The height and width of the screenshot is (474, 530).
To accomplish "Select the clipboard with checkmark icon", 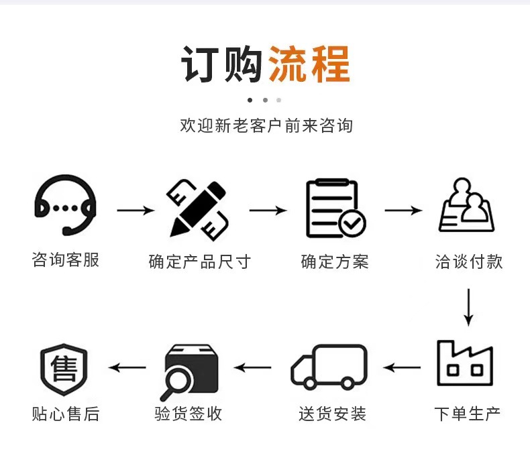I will tap(335, 209).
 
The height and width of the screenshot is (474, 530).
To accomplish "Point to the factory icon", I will tap(465, 363).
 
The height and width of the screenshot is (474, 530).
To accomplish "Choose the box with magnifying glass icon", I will tap(191, 369).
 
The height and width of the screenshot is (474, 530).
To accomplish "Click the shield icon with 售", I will tap(64, 369).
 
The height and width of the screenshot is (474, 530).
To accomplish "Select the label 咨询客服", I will tap(66, 260).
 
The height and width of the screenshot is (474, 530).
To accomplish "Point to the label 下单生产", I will tap(468, 413).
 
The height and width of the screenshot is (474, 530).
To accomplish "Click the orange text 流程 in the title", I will tap(309, 64).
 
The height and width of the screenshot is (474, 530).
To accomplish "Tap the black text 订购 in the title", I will tap(221, 64).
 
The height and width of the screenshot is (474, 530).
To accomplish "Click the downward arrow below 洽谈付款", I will tap(469, 307).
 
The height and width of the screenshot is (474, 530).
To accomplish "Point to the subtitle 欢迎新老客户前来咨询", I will tap(266, 125).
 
